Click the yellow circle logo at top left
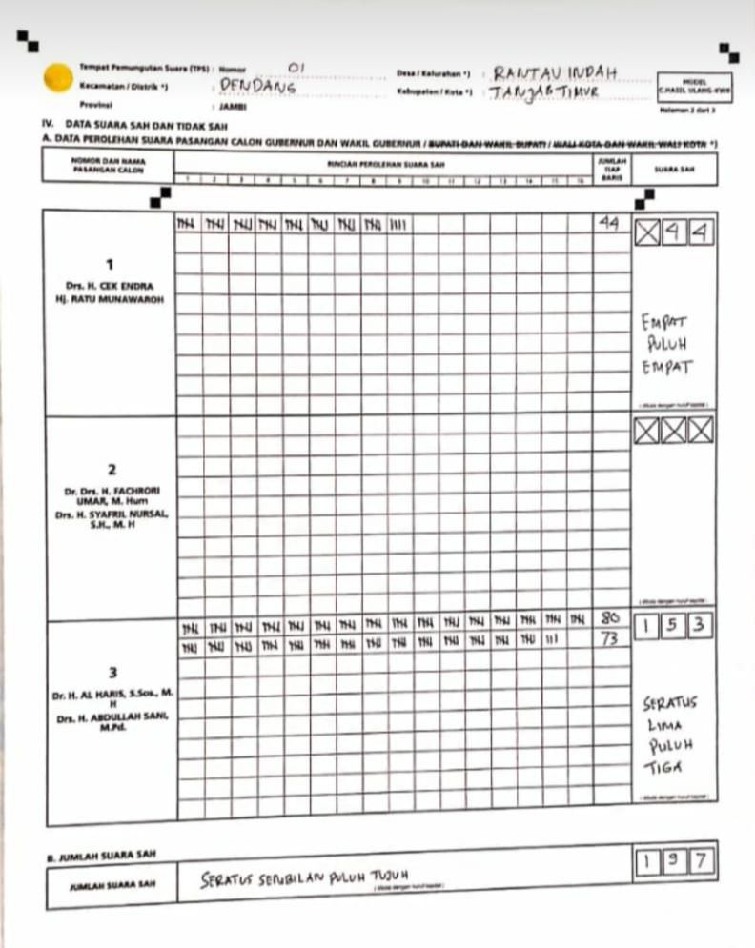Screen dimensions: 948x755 (58, 76)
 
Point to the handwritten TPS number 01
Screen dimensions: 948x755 (296, 67)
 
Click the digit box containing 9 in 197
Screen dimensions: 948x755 (674, 863)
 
